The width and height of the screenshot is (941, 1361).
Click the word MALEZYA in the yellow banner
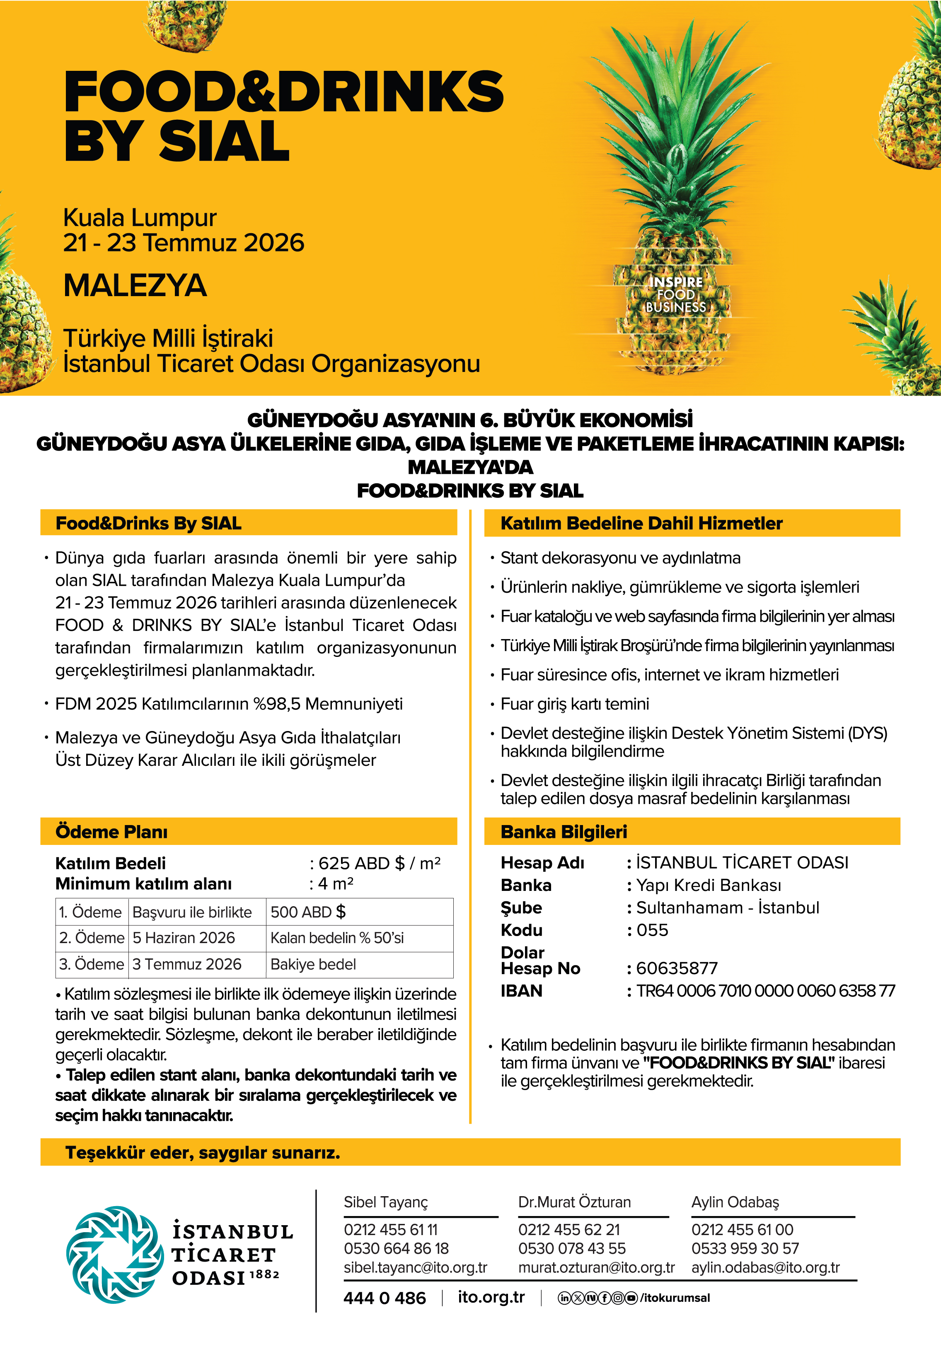tap(135, 286)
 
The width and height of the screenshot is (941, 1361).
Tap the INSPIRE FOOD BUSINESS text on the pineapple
tap(676, 294)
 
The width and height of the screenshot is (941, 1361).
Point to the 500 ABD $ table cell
tap(308, 912)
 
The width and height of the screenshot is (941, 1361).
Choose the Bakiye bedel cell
tap(313, 965)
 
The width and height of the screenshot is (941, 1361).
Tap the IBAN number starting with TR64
tap(765, 991)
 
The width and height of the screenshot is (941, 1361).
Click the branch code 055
tap(652, 930)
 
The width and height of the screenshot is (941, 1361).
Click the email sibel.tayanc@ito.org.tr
tap(416, 1267)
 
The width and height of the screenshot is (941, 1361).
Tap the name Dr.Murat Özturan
tap(574, 1202)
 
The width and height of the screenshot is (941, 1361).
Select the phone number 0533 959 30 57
tap(745, 1248)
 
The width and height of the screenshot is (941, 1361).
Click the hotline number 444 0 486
tap(385, 1298)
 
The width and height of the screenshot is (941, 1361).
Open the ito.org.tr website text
tap(491, 1297)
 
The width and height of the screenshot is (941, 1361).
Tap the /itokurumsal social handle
tap(675, 1298)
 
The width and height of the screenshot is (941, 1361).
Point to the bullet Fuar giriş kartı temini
tap(574, 704)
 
